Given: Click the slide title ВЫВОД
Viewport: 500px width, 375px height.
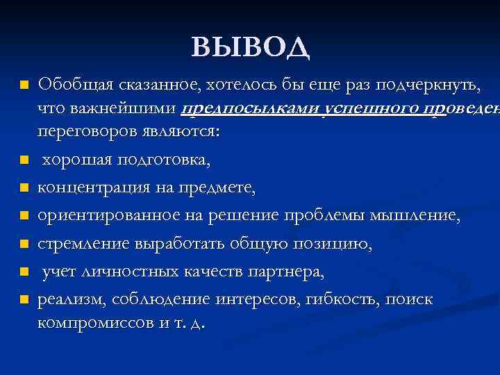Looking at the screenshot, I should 249,47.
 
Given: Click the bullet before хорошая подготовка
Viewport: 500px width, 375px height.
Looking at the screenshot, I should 24,160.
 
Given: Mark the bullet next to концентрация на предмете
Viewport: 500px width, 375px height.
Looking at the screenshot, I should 24,188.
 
